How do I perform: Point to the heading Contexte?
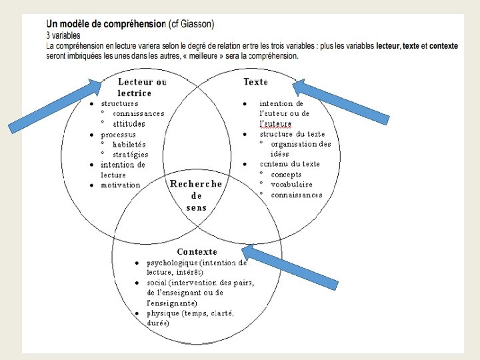pyautogui.click(x=197, y=251)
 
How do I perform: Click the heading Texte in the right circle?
pyautogui.click(x=255, y=82)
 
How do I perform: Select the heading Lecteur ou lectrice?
pyautogui.click(x=141, y=87)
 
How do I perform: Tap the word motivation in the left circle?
pyautogui.click(x=121, y=185)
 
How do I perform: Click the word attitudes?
pyautogui.click(x=129, y=123)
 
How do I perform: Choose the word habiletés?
pyautogui.click(x=129, y=144)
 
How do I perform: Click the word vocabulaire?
pyautogui.click(x=291, y=185)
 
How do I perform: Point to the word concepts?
pyautogui.click(x=286, y=175)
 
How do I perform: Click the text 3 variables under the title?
pyautogui.click(x=63, y=35)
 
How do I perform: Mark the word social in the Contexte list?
pyautogui.click(x=157, y=283)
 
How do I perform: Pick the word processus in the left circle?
pyautogui.click(x=118, y=134)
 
